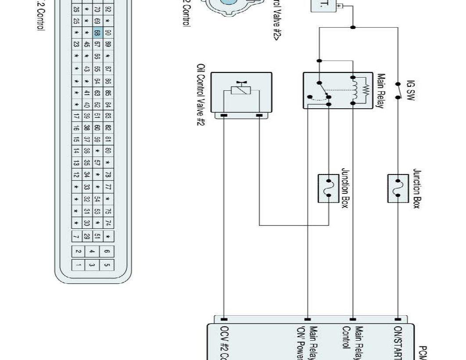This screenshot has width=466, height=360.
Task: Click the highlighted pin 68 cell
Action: [97, 33]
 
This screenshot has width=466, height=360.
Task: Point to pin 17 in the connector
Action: [77, 116]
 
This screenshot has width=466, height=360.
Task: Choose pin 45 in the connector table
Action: [87, 44]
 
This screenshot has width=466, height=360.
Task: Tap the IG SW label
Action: [411, 90]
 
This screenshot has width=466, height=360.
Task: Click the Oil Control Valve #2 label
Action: [201, 95]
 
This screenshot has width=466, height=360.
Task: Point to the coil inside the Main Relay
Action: [354, 90]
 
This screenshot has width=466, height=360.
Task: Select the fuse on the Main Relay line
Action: [329, 189]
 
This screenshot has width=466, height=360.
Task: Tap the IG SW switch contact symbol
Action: [398, 90]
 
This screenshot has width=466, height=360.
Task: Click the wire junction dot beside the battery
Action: [353, 27]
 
